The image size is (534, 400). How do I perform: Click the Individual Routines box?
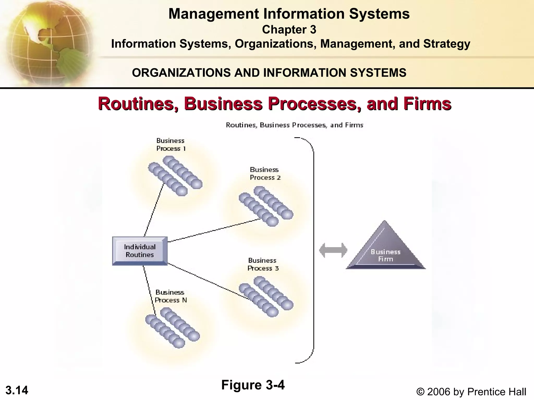pyautogui.click(x=140, y=251)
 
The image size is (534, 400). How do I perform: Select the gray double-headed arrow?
pyautogui.click(x=333, y=250)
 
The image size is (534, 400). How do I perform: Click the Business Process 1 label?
pyautogui.click(x=171, y=145)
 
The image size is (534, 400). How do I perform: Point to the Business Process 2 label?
pyautogui.click(x=265, y=174)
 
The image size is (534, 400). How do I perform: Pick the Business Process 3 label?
pyautogui.click(x=263, y=264)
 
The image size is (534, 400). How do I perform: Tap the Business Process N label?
pyautogui.click(x=171, y=296)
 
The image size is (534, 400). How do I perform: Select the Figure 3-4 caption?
pyautogui.click(x=253, y=385)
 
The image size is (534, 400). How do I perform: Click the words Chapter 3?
pyautogui.click(x=289, y=30)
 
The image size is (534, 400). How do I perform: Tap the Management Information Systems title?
pyautogui.click(x=289, y=14)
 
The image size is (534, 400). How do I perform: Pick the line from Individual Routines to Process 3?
pyautogui.click(x=209, y=281)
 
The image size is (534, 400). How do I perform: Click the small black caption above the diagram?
pyautogui.click(x=294, y=125)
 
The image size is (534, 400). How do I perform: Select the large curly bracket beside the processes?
pyautogui.click(x=313, y=250)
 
